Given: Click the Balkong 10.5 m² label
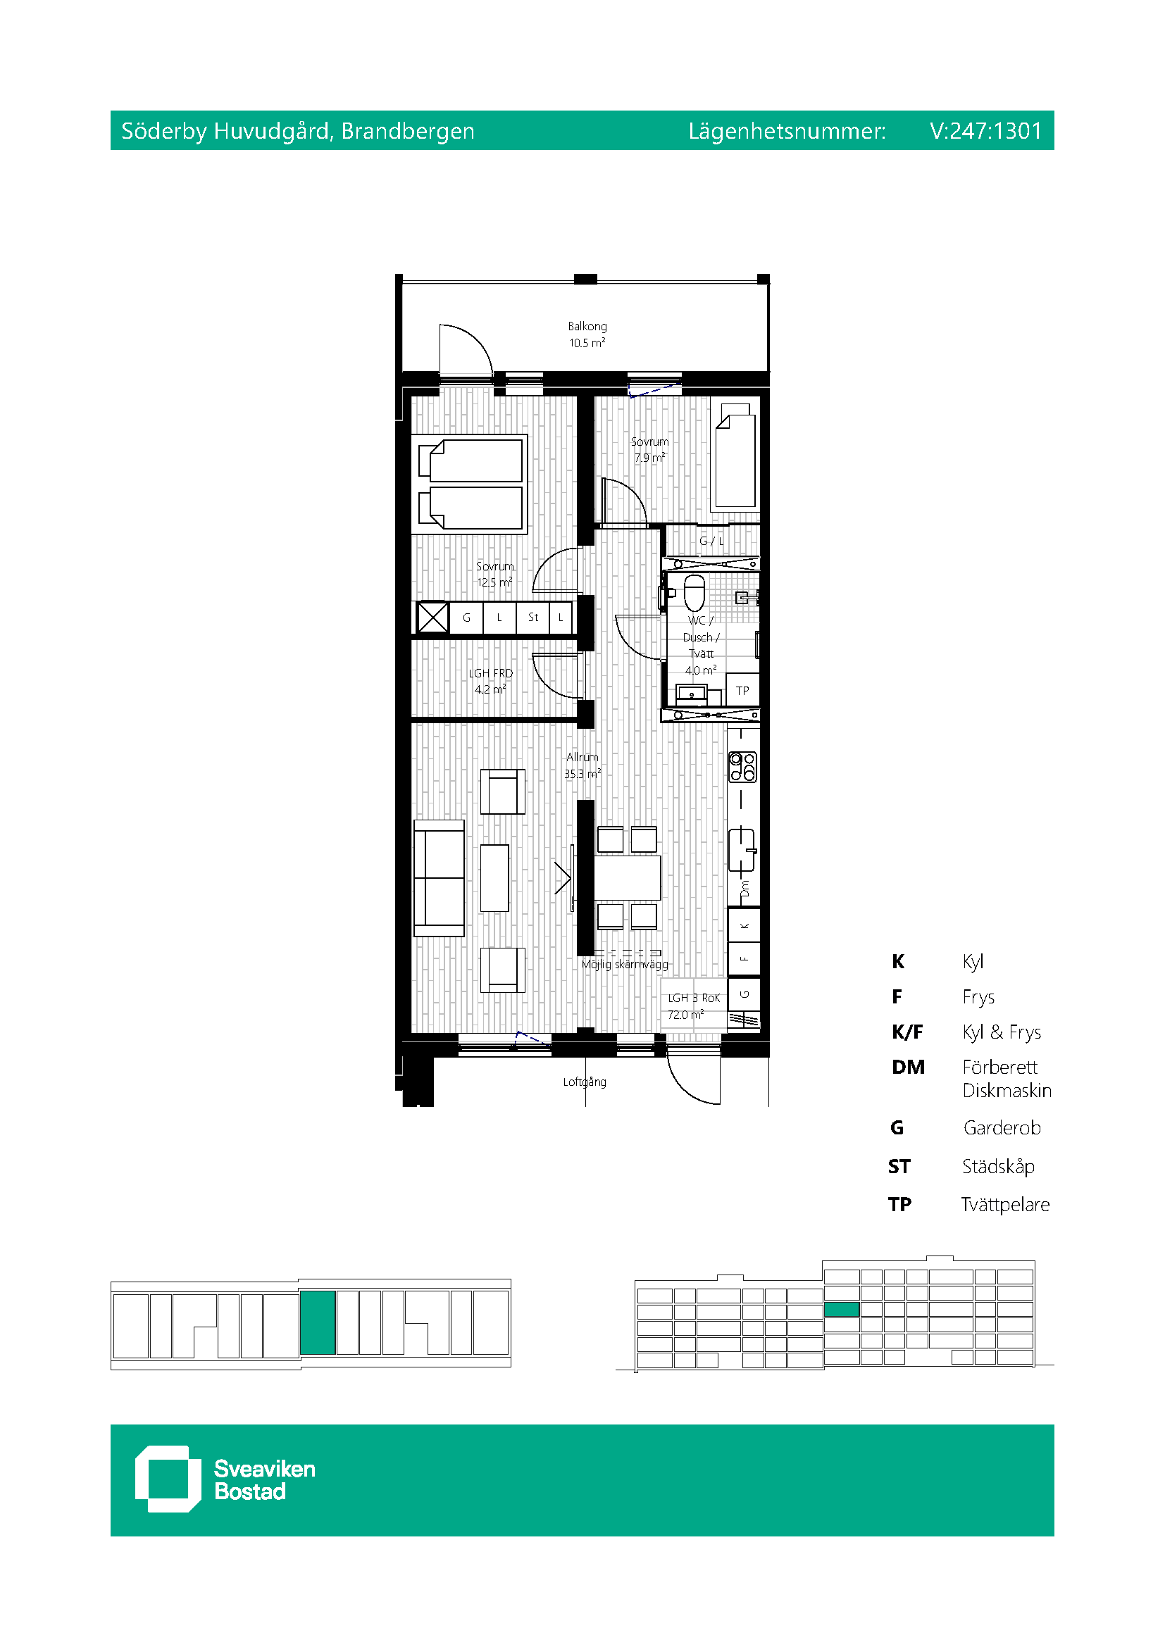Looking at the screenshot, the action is [587, 334].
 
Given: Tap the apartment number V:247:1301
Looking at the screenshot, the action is [985, 130].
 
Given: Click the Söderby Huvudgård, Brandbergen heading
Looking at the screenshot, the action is [298, 131].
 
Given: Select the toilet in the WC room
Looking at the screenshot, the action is [694, 591].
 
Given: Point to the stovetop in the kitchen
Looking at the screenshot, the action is [742, 766].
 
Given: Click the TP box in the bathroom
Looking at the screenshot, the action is [742, 690].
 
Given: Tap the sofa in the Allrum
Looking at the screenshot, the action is [439, 878].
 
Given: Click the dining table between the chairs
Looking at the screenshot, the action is [627, 877].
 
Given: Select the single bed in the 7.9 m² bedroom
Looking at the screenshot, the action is [735, 457].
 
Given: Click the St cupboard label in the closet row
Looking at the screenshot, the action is [533, 617].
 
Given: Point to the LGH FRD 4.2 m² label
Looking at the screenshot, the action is [491, 681].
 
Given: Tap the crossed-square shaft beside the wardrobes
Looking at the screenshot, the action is [432, 617].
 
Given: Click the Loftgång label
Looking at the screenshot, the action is [585, 1082].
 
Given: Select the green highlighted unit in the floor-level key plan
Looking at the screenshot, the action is [318, 1322].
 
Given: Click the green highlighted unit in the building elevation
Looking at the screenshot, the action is [842, 1309].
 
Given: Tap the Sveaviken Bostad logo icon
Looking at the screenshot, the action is [168, 1479].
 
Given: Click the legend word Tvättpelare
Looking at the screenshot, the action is [1005, 1204].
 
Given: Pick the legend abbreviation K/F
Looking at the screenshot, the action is [907, 1032].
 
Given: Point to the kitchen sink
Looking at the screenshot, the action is [742, 850].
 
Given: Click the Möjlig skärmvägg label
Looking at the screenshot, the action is [625, 965].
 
